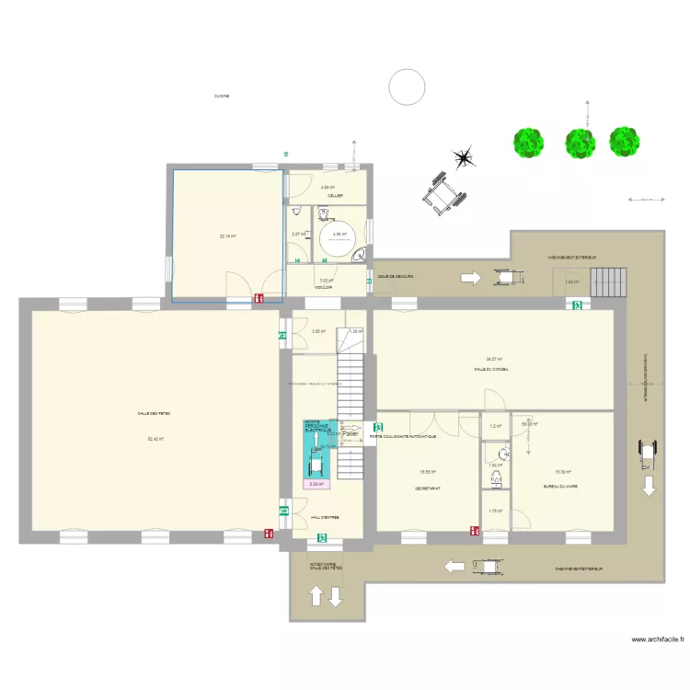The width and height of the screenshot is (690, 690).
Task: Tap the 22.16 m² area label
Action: (227, 236)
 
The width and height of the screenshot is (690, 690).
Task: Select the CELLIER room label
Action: (328, 194)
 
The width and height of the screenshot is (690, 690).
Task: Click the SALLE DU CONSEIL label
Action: (491, 369)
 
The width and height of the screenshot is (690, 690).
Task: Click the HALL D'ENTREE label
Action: (325, 518)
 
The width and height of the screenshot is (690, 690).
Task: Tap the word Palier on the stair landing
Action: (351, 433)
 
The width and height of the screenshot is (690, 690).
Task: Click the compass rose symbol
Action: (465, 158)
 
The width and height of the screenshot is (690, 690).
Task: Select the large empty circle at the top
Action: (407, 87)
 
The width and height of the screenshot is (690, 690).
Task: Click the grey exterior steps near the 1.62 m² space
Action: (607, 282)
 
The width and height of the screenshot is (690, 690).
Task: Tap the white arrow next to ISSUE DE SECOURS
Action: (469, 277)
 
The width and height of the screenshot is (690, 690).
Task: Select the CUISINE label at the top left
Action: (221, 96)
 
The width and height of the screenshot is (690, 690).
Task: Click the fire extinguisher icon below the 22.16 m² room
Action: (259, 298)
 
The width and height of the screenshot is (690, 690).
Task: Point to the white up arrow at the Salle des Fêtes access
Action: (315, 596)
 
